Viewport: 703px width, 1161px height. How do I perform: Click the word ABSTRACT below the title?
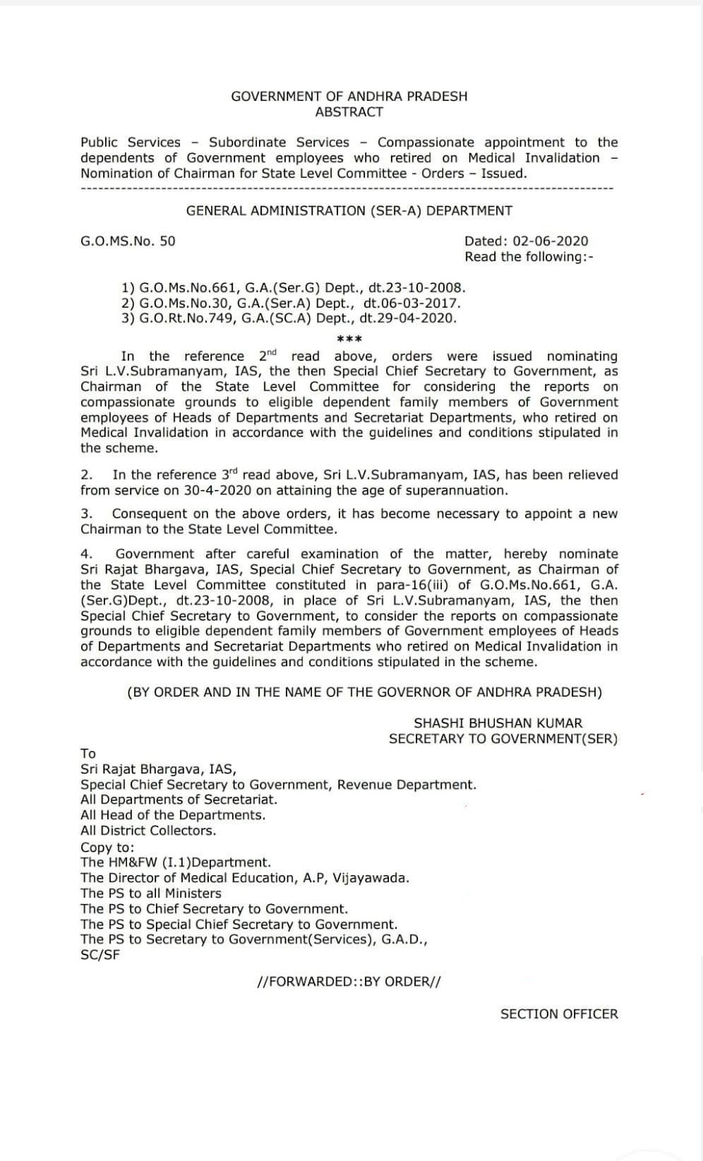[349, 112]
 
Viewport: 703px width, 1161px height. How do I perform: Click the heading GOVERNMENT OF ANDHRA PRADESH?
[349, 96]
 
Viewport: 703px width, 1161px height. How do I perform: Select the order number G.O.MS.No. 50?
[128, 241]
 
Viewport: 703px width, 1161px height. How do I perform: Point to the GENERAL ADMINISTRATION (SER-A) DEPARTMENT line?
[349, 210]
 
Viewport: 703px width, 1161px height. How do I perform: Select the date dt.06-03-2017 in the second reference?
[411, 303]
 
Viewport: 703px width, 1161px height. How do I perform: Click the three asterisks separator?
[350, 339]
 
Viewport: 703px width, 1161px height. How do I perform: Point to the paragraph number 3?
[86, 514]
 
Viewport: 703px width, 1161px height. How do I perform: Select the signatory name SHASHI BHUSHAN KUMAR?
[498, 723]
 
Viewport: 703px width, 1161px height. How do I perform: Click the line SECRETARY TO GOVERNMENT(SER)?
[503, 739]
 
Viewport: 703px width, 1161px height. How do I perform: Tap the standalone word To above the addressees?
[88, 753]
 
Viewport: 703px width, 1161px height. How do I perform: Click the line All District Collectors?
[148, 830]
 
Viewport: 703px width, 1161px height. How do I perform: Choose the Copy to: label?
[107, 848]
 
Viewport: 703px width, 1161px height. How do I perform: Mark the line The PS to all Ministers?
[151, 893]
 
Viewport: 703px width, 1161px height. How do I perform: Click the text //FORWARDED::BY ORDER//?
[349, 981]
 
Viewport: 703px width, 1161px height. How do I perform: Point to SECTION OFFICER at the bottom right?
[559, 1014]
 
